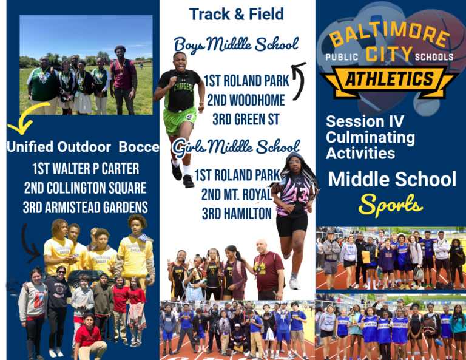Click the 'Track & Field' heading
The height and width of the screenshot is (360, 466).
[x=236, y=15]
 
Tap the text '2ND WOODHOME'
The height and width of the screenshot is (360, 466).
[x=246, y=100]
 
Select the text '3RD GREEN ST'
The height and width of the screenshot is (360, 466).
[x=246, y=120]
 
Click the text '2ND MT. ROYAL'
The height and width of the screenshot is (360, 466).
[x=237, y=195]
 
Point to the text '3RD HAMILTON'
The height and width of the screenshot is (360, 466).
[x=237, y=214]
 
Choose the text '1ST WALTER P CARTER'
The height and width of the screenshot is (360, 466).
[x=86, y=169]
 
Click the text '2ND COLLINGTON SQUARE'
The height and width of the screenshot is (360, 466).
[x=86, y=188]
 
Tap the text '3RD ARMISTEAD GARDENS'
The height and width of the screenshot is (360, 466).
[x=86, y=208]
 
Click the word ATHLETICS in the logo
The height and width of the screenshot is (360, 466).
[x=390, y=79]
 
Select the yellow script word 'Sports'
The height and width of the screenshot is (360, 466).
[x=391, y=205]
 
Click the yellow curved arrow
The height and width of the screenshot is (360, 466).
[x=27, y=119]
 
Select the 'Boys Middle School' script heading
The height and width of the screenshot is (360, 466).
[x=236, y=44]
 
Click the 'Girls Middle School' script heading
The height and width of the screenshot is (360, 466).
[x=236, y=147]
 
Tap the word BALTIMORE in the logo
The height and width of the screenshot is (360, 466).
[x=390, y=33]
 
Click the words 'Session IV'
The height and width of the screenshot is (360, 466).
[x=365, y=121]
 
